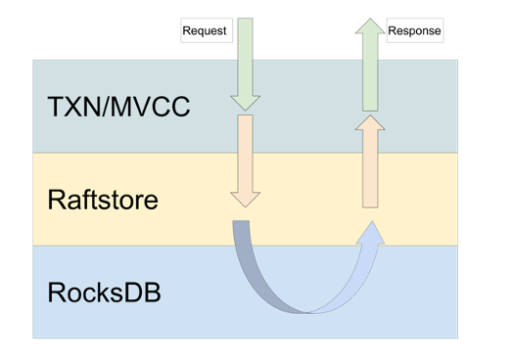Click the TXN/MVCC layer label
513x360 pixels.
pos(117,106)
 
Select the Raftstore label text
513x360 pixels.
pos(102,201)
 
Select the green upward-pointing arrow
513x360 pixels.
pos(370,63)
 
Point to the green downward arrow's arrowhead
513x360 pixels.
pos(245,100)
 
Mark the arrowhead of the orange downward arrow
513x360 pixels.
pos(245,198)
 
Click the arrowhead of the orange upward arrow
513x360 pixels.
pos(370,123)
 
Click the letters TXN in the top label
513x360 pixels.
pos(72,106)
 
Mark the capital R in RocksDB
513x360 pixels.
pos(56,292)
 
